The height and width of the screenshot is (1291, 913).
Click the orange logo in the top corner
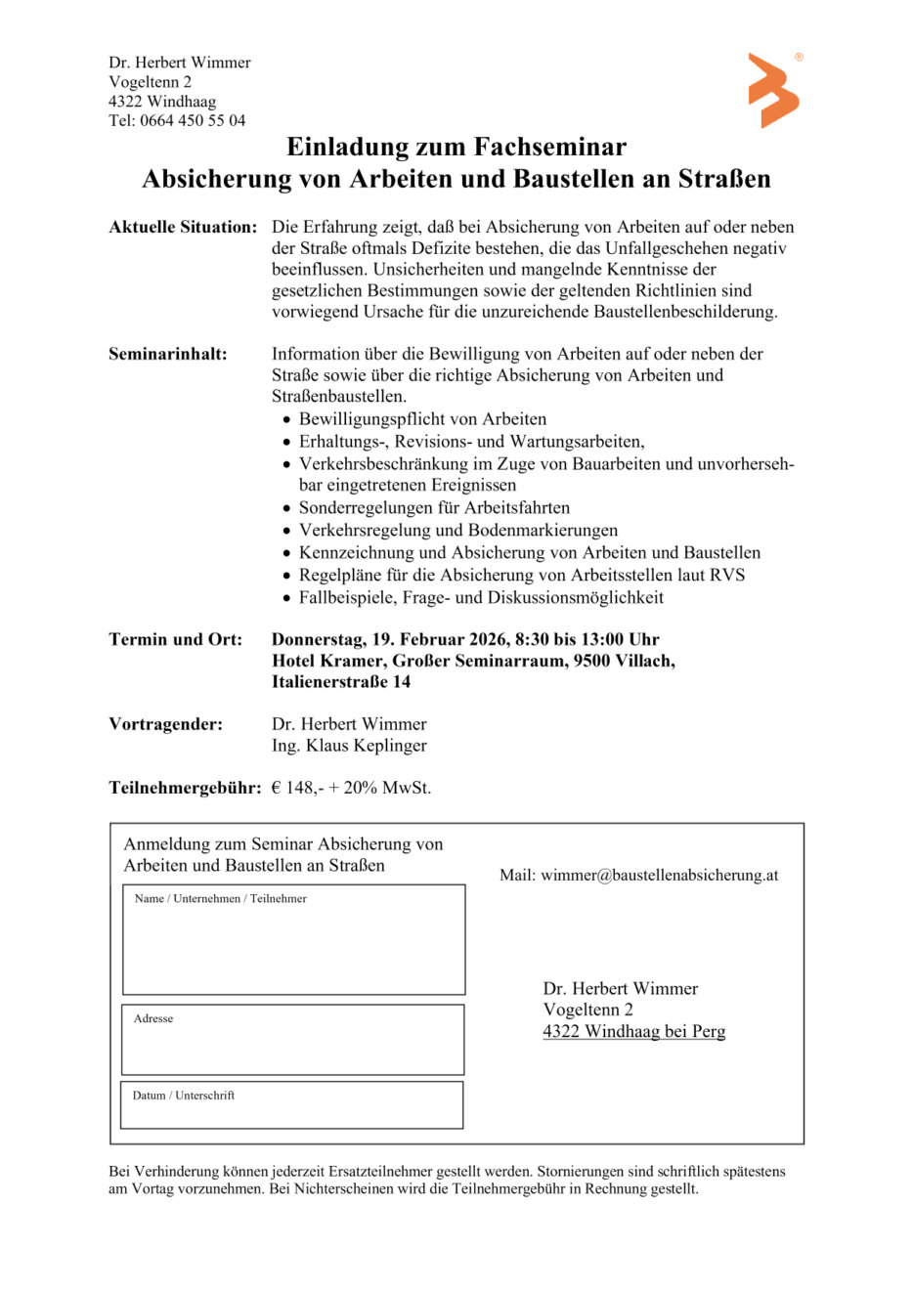[773, 91]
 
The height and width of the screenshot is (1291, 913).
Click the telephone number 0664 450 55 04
[193, 121]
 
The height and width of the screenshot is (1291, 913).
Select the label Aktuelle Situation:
[183, 228]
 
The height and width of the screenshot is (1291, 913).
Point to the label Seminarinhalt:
[168, 355]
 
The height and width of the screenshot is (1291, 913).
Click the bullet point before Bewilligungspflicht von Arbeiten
[286, 420]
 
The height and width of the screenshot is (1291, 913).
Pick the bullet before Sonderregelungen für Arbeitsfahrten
[286, 509]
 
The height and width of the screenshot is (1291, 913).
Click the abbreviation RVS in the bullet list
[727, 576]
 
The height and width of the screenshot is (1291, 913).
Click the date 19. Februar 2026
[440, 640]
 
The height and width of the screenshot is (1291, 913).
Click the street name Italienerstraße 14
[341, 682]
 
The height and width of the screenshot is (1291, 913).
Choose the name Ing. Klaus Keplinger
[349, 746]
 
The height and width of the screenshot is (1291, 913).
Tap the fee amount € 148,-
[294, 788]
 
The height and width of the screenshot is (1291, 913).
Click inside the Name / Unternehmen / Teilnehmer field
[293, 943]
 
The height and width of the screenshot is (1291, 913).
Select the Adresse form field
[292, 1043]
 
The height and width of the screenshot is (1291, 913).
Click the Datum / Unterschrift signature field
[291, 1108]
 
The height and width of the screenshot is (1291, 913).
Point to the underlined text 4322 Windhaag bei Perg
[634, 1032]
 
